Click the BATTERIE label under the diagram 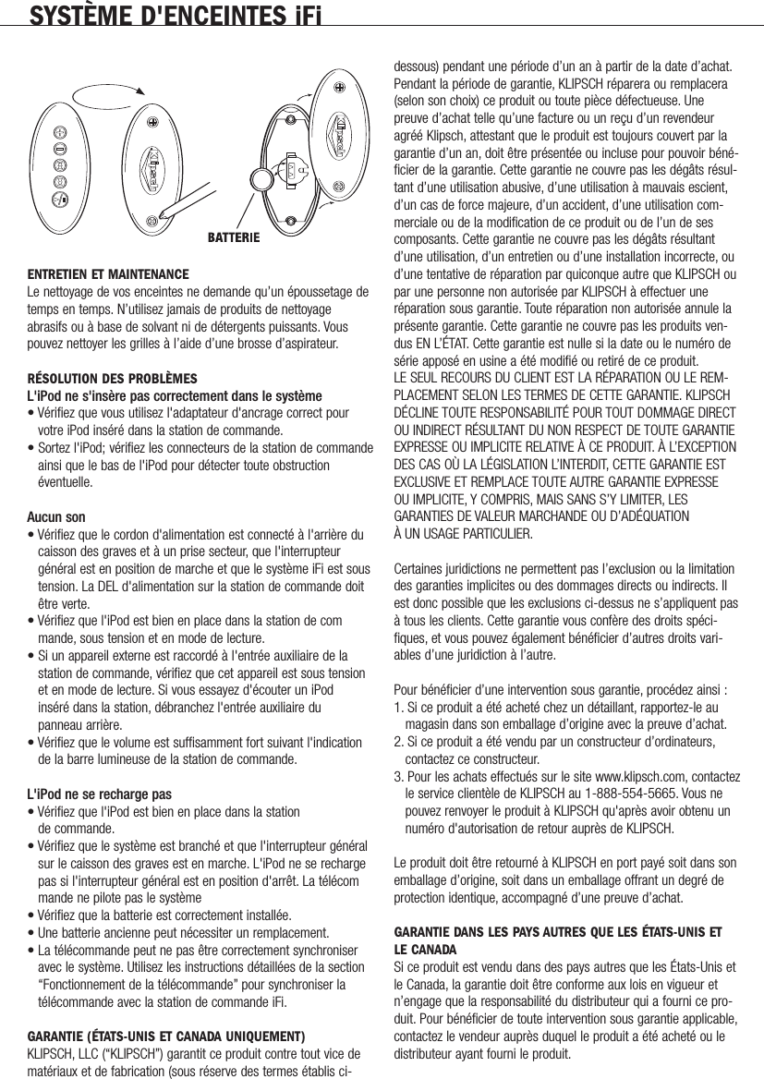pyautogui.click(x=228, y=237)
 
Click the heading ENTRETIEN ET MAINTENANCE pyautogui.click(x=108, y=275)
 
